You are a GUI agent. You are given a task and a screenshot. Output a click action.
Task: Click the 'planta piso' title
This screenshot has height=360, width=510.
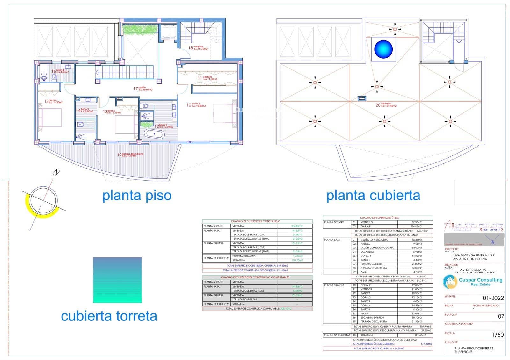click(137, 195)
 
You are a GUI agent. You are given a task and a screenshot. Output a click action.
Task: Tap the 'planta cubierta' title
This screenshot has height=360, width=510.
click(373, 195)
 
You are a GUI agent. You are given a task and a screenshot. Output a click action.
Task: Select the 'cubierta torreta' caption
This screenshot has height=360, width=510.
click(109, 316)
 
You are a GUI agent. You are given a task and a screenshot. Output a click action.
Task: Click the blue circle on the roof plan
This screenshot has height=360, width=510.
click(383, 49)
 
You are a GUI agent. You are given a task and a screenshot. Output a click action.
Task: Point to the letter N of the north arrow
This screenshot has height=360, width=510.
click(56, 173)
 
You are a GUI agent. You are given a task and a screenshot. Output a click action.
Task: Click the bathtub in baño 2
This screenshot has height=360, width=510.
click(155, 134)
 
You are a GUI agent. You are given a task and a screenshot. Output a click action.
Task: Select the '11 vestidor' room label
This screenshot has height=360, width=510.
click(207, 78)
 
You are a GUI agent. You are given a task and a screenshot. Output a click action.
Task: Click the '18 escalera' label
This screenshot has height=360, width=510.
click(198, 48)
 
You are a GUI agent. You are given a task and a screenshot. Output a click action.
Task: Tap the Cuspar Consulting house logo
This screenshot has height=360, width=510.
click(450, 282)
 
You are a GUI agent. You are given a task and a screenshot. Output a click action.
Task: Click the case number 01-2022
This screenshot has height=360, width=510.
click(493, 298)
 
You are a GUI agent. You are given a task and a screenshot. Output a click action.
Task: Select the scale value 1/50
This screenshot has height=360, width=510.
click(498, 335)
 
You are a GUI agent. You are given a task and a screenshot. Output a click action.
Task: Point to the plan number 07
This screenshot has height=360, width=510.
click(501, 316)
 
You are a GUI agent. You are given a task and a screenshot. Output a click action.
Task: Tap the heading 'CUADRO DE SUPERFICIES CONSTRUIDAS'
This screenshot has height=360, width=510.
click(256, 221)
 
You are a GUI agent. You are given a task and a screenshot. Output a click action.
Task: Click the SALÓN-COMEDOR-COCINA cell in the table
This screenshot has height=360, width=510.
click(377, 248)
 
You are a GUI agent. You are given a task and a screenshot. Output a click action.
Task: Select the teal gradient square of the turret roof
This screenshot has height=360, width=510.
click(117, 280)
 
